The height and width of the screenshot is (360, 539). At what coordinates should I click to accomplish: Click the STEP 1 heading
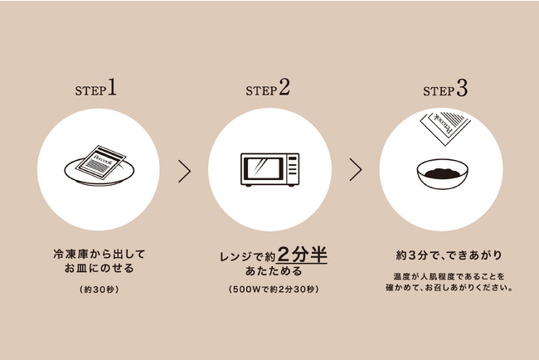(96, 88)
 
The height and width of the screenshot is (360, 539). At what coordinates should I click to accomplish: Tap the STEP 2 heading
(268, 88)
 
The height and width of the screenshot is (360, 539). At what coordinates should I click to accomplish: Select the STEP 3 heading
(445, 89)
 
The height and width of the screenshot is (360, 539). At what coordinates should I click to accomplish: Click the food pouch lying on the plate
(100, 163)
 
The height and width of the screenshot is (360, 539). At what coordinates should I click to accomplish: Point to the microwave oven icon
(269, 169)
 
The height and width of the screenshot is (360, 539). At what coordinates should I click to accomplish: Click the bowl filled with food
(443, 173)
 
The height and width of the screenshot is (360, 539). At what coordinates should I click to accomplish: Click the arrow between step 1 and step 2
(185, 171)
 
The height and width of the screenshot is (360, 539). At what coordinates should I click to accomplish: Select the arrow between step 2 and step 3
(356, 169)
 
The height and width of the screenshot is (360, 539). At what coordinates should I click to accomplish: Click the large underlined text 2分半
(302, 255)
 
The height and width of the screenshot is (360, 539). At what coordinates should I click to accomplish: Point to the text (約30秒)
(100, 289)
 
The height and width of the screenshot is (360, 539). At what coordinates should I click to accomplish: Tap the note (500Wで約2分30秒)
(274, 289)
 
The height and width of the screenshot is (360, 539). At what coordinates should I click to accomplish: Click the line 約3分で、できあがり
(449, 255)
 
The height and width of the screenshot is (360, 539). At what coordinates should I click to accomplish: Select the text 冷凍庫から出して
(100, 254)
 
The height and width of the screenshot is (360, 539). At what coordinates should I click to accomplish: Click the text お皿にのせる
(99, 268)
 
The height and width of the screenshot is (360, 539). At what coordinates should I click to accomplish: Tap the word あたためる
(274, 271)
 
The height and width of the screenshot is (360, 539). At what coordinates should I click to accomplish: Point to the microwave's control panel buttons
(293, 167)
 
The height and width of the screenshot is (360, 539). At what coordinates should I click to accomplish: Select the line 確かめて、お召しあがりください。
(449, 288)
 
